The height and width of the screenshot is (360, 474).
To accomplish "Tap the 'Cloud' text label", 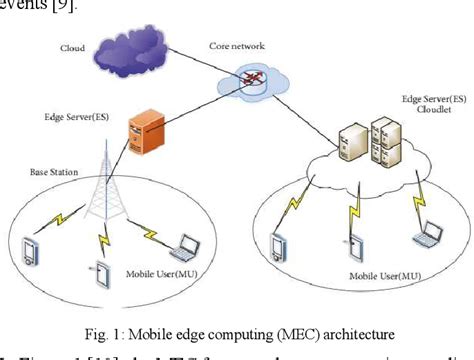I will tap(72, 47).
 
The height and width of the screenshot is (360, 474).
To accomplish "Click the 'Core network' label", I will tap(237, 46).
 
